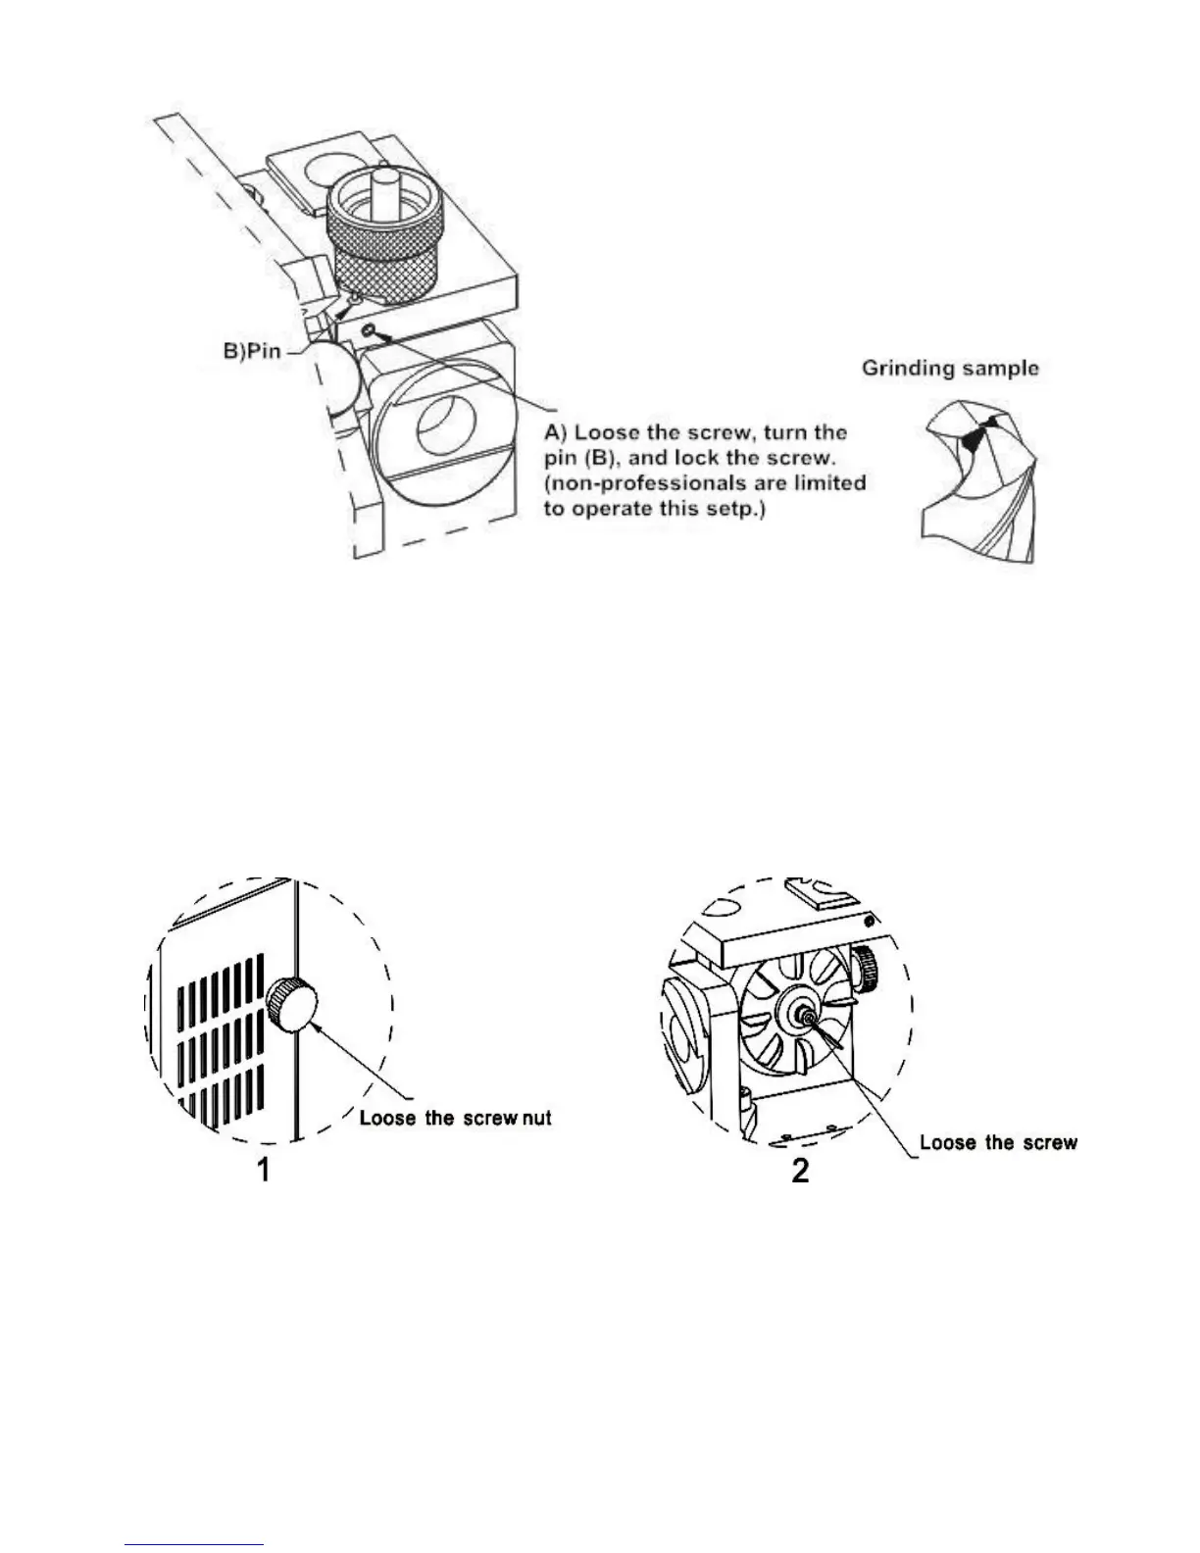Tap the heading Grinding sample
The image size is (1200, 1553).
949,369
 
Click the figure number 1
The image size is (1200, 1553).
263,1170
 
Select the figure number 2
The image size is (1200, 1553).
800,1170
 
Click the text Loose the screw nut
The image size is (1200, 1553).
455,1117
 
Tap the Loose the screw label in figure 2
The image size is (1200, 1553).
997,1142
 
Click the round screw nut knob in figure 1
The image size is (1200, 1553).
294,1006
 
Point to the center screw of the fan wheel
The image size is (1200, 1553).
806,1019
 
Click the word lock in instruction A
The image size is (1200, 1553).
696,458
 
